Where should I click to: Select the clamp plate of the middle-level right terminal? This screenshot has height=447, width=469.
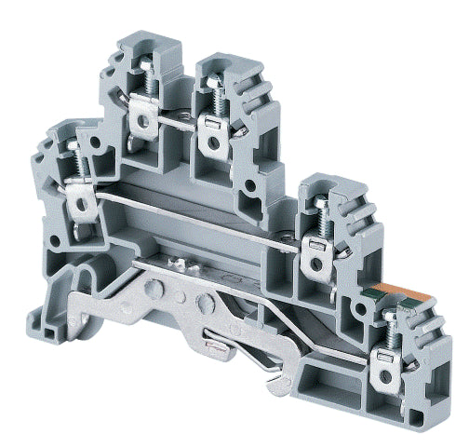pos(315,245)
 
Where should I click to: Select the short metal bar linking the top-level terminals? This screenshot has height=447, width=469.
pos(177,119)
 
